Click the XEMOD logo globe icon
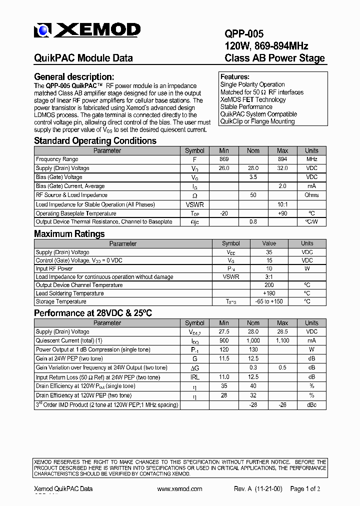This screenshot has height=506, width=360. [x=43, y=31]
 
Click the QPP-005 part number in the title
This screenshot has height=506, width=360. [x=244, y=34]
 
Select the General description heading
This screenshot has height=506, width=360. [x=74, y=77]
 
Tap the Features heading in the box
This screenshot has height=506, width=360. [x=235, y=77]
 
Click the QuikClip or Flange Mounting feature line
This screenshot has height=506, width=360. [x=257, y=121]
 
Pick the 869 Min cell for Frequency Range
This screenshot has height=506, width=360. [x=224, y=159]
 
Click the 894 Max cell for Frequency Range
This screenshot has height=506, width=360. [x=282, y=159]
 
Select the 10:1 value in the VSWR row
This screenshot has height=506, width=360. [x=282, y=204]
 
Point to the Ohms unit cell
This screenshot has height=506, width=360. [x=311, y=195]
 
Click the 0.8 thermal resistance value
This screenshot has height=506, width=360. [x=253, y=222]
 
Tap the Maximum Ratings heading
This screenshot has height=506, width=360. [x=69, y=234]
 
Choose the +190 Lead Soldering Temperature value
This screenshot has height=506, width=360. [x=269, y=293]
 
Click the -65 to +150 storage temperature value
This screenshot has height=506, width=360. [x=269, y=302]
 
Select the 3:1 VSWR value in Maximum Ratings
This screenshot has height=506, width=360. [x=269, y=277]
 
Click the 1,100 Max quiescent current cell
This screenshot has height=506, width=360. [x=282, y=341]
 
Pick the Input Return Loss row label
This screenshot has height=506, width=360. [x=98, y=377]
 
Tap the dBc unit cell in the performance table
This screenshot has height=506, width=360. [x=311, y=404]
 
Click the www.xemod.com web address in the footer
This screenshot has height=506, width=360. [x=179, y=489]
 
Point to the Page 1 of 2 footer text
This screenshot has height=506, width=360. [x=305, y=489]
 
